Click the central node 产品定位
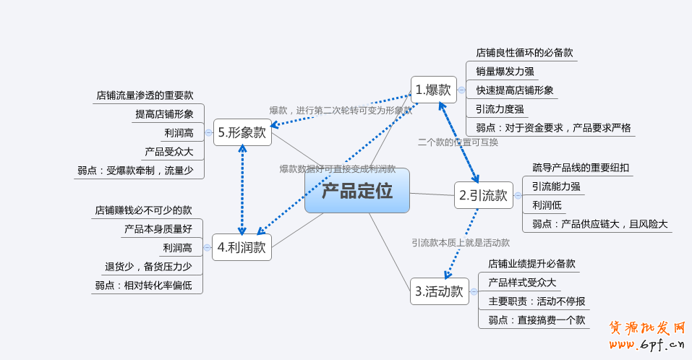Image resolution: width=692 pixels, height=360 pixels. (x=356, y=191)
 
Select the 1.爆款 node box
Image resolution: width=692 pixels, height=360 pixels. (x=434, y=90)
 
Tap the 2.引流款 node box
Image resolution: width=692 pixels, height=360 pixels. (x=484, y=195)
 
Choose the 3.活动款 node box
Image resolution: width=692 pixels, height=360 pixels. (x=439, y=291)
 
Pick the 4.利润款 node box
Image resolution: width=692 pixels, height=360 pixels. (x=242, y=247)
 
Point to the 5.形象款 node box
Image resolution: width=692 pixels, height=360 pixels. (x=242, y=132)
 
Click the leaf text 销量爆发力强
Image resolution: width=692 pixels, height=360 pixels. (x=505, y=71)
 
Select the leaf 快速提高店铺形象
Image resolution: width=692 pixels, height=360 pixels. (x=514, y=90)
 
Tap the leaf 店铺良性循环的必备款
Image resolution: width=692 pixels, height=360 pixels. (x=524, y=52)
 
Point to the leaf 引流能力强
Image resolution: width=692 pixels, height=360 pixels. (x=556, y=187)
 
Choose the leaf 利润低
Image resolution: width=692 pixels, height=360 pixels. (x=547, y=205)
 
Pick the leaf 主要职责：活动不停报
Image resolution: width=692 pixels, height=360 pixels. (x=537, y=301)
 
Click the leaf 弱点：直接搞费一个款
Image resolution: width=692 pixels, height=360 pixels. (x=537, y=320)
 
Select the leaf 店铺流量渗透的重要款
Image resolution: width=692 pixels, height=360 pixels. (x=145, y=95)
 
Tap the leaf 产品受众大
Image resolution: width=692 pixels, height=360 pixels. (x=168, y=152)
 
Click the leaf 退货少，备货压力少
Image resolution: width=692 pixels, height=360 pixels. (x=148, y=267)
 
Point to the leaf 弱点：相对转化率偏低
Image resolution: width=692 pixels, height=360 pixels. (x=143, y=286)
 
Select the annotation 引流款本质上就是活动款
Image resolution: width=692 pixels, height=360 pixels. (x=461, y=243)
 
